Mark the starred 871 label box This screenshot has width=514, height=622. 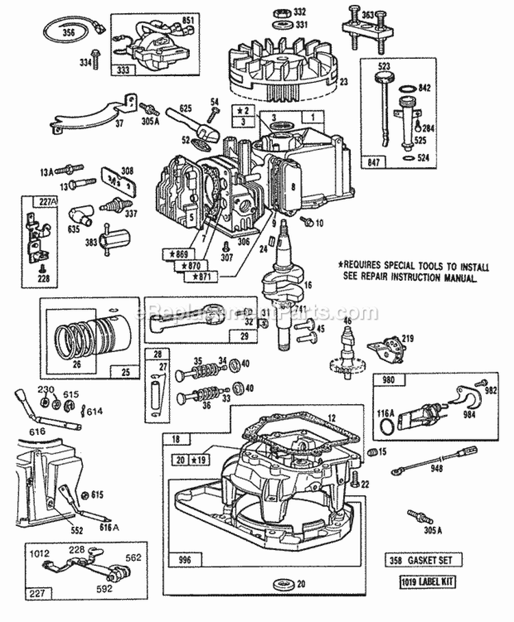201,276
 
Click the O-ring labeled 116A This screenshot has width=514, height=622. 388,427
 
